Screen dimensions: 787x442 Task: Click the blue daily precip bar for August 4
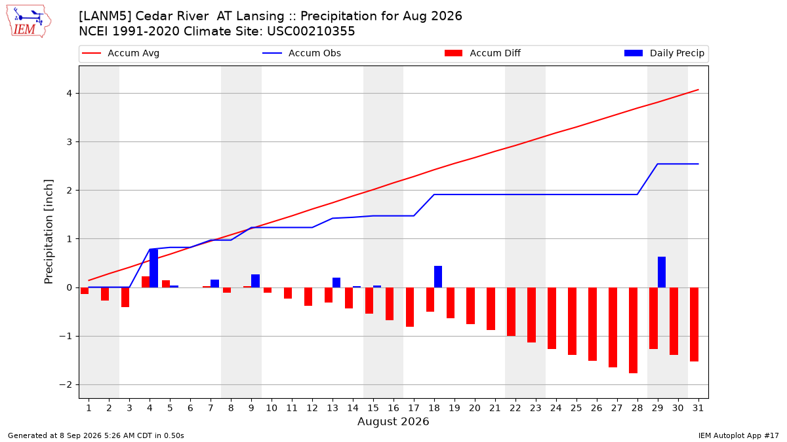click(x=153, y=268)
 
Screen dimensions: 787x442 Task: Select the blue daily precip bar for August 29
click(x=662, y=272)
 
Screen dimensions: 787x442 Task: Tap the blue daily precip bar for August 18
click(x=438, y=277)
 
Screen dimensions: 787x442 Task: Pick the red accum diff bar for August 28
click(x=633, y=331)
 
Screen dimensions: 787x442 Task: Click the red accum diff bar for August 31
click(x=695, y=325)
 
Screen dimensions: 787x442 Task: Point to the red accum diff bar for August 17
click(x=410, y=307)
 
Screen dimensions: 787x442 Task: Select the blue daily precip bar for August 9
click(x=255, y=281)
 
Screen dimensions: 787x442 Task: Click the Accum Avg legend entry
click(x=121, y=53)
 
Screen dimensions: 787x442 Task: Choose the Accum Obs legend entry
click(x=302, y=53)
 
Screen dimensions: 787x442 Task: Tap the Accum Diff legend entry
click(x=483, y=53)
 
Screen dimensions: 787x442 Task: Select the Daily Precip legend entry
click(x=664, y=53)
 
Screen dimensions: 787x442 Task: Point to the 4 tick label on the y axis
click(x=69, y=93)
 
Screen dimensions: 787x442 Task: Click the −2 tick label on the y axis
click(x=66, y=385)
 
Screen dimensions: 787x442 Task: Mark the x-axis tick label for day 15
click(x=373, y=408)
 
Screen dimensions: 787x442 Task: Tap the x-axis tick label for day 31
click(x=698, y=408)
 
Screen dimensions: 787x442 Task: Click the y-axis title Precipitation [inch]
click(x=49, y=232)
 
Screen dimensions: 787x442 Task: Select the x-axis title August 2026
click(x=393, y=421)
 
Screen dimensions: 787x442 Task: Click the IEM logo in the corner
click(x=29, y=22)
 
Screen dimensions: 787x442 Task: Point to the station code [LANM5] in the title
click(x=105, y=16)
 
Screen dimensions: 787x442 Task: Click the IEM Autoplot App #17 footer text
click(x=738, y=435)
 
